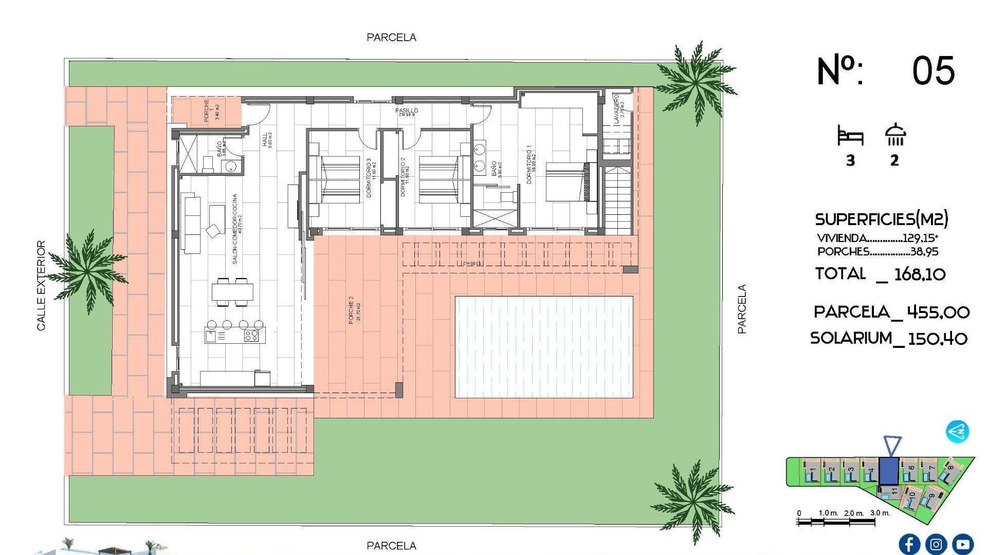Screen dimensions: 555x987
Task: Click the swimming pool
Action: click(x=544, y=347)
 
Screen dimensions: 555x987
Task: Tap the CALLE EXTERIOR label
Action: click(x=41, y=285)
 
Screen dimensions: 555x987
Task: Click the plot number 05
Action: click(x=933, y=71)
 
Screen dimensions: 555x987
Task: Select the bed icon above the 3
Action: click(x=850, y=136)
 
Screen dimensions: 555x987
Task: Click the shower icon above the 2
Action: click(x=895, y=135)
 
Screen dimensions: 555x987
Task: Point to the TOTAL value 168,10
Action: click(x=920, y=274)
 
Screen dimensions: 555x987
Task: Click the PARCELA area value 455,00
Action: click(x=938, y=312)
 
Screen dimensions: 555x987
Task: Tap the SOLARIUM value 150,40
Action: click(x=938, y=339)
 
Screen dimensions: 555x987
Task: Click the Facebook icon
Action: click(x=909, y=544)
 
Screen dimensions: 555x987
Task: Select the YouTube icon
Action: click(x=962, y=544)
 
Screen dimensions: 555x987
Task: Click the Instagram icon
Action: click(x=936, y=544)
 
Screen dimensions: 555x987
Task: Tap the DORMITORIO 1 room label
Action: click(x=529, y=164)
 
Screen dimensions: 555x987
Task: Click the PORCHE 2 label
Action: click(x=352, y=309)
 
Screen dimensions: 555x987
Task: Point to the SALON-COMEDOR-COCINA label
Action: click(x=235, y=229)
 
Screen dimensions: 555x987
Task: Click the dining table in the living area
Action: click(x=232, y=292)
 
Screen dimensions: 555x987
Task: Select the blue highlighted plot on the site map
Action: click(x=888, y=470)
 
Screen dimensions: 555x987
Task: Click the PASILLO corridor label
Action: click(x=407, y=110)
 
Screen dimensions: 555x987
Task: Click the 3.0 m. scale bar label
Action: click(x=880, y=513)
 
